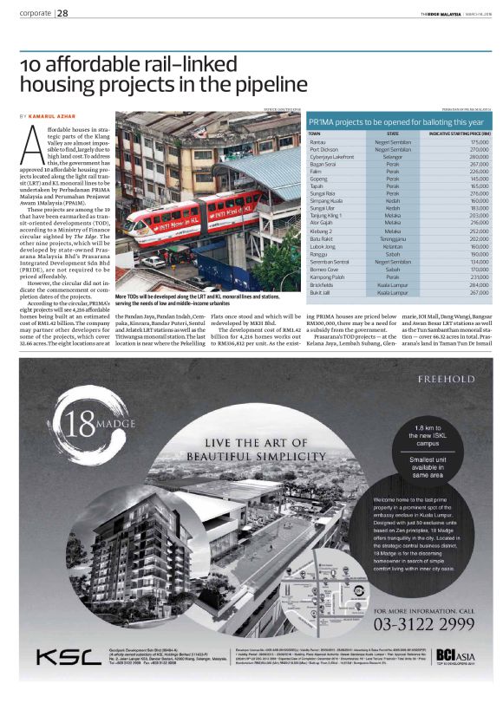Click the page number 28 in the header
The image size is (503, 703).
pyautogui.click(x=63, y=13)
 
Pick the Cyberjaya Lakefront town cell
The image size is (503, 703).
pyautogui.click(x=331, y=156)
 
